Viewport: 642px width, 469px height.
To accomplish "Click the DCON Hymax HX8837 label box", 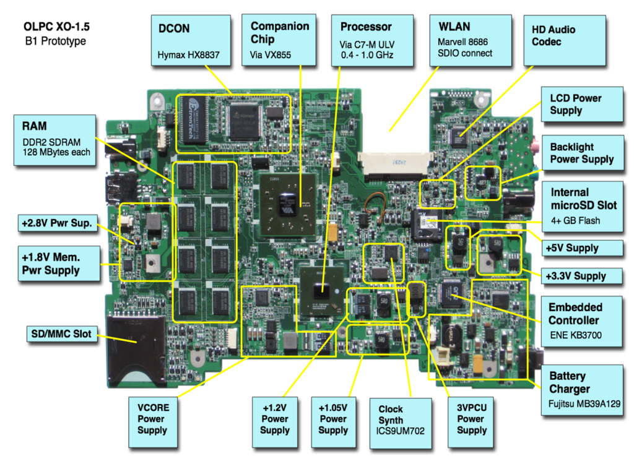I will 191,41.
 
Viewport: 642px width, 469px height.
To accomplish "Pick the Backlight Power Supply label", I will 582,153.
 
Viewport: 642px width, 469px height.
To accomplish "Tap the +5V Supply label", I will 581,248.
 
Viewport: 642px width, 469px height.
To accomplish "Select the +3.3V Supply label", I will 581,276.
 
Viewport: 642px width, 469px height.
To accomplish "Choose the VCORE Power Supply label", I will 153,423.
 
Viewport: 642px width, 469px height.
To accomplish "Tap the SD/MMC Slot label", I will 61,334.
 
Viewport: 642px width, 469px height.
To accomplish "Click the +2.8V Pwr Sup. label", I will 56,225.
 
